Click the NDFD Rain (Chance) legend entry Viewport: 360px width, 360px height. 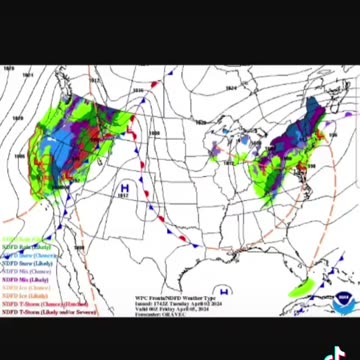[x=24, y=240]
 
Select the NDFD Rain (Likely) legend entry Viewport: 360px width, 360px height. [x=24, y=248]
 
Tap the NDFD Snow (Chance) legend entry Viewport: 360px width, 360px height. [x=26, y=256]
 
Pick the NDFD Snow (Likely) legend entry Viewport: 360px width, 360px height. [x=24, y=264]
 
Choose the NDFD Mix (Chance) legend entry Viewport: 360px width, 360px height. [x=24, y=272]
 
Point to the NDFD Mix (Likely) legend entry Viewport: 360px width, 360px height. [x=24, y=280]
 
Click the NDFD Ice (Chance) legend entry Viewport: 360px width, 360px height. [x=24, y=288]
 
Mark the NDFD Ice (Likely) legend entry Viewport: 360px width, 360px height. [x=24, y=296]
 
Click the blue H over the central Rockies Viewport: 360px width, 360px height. [x=124, y=187]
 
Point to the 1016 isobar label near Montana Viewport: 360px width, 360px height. [x=93, y=80]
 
